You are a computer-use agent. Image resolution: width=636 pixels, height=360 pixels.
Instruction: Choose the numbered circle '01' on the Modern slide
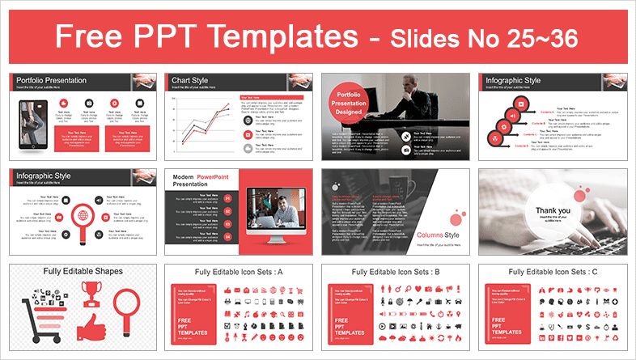pos(228,198)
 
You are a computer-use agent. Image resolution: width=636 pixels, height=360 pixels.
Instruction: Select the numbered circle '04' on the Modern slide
pos(228,237)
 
